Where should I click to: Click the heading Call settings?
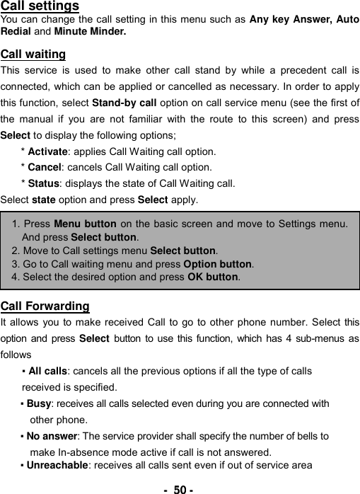click(x=40, y=6)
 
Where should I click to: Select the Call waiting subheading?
click(x=33, y=54)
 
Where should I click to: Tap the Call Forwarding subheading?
click(x=45, y=306)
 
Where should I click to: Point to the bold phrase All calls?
click(x=48, y=371)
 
